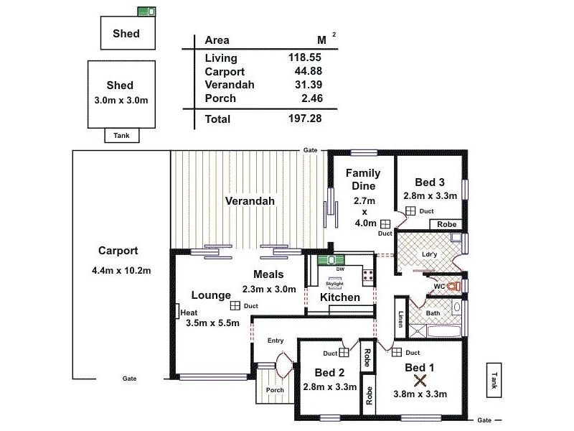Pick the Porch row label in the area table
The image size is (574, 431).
tap(220, 98)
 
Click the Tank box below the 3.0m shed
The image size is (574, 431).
tap(122, 135)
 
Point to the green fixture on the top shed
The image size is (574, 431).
tap(147, 11)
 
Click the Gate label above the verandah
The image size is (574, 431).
tap(310, 149)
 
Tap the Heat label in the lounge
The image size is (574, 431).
tap(189, 312)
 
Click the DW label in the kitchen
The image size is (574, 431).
tap(340, 269)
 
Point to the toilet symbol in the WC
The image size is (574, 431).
tap(452, 286)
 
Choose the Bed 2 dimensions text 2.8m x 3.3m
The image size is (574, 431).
tap(330, 386)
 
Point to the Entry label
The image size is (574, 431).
tap(276, 340)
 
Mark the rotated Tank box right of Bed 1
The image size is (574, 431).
tap(493, 377)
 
